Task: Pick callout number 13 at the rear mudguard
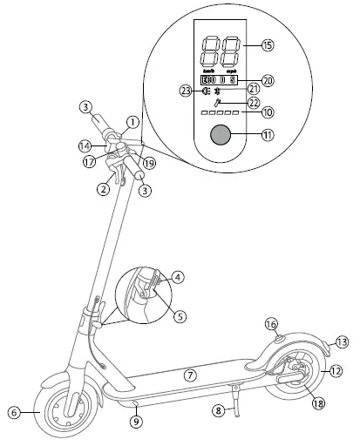[342, 341]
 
